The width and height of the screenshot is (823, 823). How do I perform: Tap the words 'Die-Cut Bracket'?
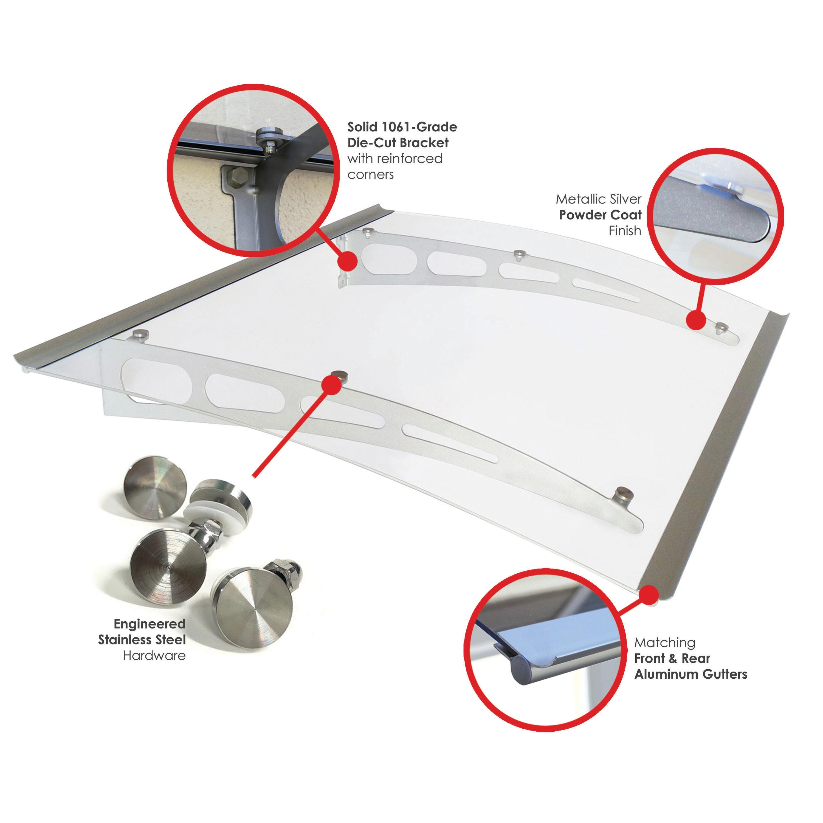click(398, 142)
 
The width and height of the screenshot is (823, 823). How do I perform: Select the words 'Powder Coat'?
click(600, 215)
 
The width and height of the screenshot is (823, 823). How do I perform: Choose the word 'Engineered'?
click(150, 624)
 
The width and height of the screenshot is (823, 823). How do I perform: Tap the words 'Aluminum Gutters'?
click(690, 674)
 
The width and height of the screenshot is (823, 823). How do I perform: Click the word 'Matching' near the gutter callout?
click(664, 643)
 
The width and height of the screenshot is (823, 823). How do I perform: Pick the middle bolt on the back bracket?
click(518, 255)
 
